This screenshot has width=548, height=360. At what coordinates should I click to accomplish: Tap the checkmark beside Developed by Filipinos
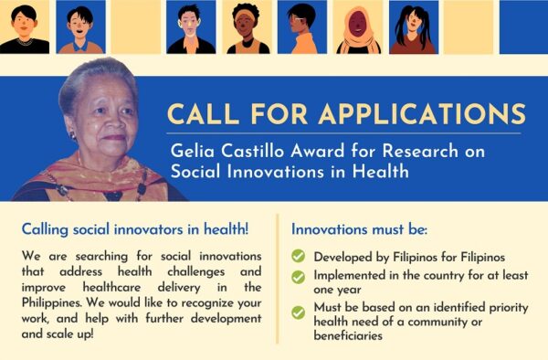[298, 258]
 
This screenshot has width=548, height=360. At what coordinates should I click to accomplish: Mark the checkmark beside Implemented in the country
[298, 276]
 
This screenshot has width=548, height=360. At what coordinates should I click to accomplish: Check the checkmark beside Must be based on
[298, 312]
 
